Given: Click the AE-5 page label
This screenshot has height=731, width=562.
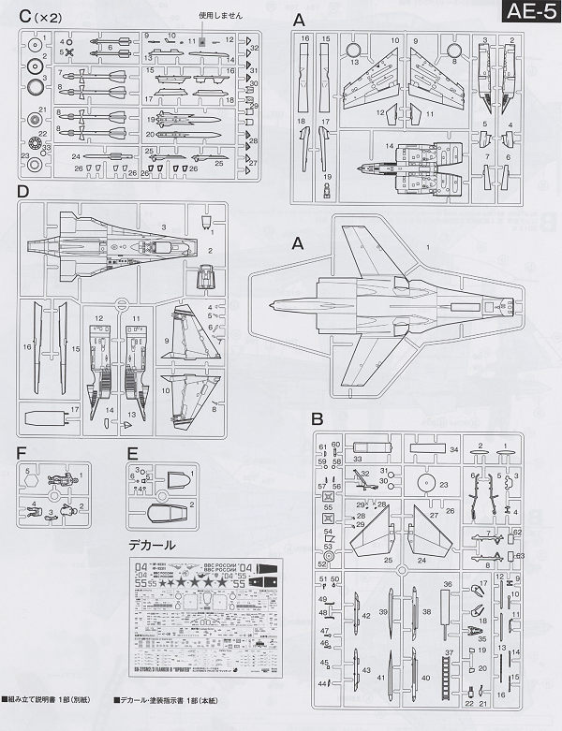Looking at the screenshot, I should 531,13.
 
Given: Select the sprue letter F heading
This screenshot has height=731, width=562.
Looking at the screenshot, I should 22,453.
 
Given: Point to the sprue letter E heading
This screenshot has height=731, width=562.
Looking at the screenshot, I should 131,453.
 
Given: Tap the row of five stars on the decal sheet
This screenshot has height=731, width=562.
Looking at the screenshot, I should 195,583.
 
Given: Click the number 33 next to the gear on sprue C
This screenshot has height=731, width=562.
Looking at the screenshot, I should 48,147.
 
